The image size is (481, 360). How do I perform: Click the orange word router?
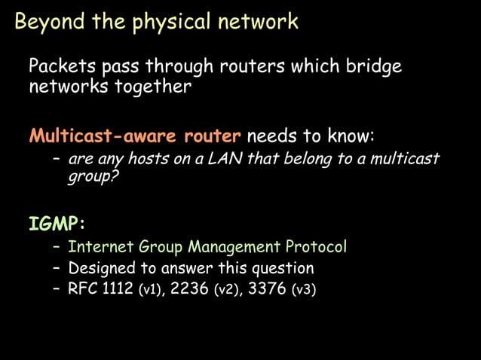(x=216, y=137)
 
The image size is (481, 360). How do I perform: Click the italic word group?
(x=88, y=178)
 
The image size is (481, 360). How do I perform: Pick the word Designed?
(x=100, y=268)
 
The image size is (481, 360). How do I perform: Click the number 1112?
(x=118, y=289)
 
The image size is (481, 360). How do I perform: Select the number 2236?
(x=191, y=289)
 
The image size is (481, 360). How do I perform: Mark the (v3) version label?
(x=303, y=290)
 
